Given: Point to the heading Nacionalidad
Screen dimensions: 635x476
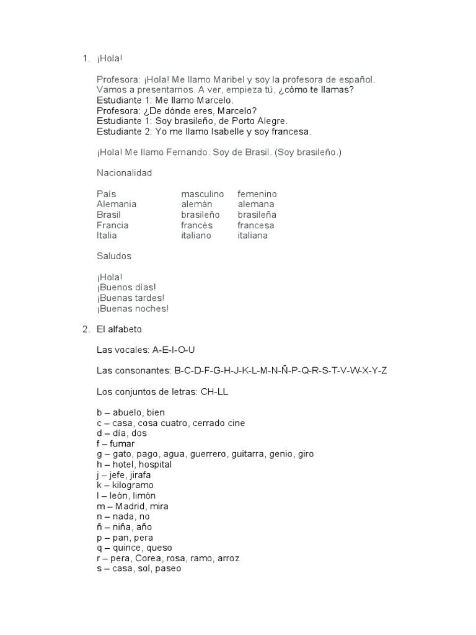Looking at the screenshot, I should pos(124,173).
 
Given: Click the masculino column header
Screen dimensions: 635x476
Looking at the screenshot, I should pos(202,194).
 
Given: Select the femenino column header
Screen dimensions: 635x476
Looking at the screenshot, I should pos(257,194).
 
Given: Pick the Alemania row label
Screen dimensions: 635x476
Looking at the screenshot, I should pos(117,204).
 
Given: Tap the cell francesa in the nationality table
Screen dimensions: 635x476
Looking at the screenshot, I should pos(255,225).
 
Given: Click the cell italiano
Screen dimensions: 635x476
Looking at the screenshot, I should pos(196,236).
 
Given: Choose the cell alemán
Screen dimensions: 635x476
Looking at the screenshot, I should pos(196,204).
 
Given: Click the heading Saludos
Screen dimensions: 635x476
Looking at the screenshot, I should pos(114,256).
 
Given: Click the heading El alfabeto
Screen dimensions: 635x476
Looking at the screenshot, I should pos(120,329).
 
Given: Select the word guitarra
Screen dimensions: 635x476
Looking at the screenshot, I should pos(248,454).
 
